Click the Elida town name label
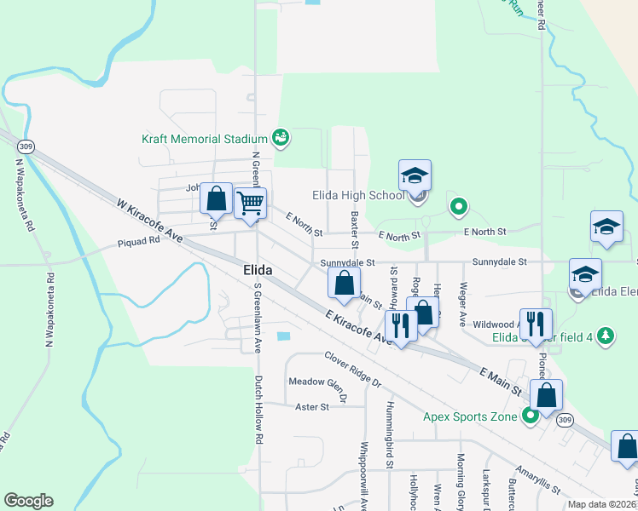(x=252, y=270)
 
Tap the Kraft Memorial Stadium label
(x=205, y=137)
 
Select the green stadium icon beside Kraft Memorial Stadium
(x=280, y=136)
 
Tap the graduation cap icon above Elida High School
(x=415, y=175)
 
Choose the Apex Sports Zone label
(x=470, y=416)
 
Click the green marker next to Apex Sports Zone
(x=530, y=416)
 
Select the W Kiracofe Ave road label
(x=150, y=219)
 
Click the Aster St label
(x=311, y=407)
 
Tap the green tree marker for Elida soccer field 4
(x=606, y=336)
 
